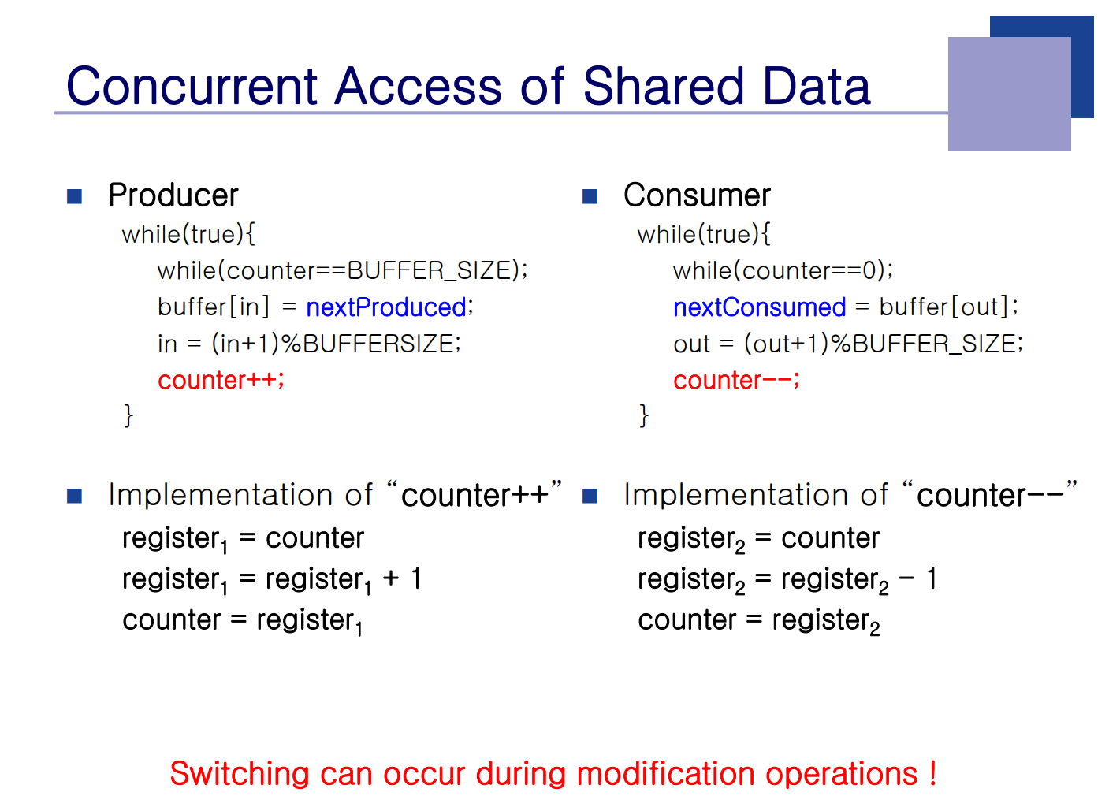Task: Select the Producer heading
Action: pos(173,195)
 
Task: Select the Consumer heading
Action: pos(697,195)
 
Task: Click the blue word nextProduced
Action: pos(386,307)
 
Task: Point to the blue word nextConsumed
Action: pos(760,307)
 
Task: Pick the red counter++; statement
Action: pos(221,380)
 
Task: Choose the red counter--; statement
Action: pos(736,380)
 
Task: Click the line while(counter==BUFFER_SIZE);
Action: pos(343,271)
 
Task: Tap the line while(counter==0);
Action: pos(783,271)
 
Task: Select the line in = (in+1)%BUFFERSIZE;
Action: pos(310,344)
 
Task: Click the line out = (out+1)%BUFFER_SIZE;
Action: pos(848,344)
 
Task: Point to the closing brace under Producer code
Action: pos(128,415)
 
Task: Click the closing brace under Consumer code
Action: pos(644,415)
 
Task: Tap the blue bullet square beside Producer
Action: pos(74,196)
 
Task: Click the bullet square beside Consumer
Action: pos(590,196)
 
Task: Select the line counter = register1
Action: pos(243,621)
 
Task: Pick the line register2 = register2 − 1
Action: pos(787,580)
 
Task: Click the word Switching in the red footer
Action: pos(240,774)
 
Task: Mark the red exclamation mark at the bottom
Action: pos(932,773)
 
